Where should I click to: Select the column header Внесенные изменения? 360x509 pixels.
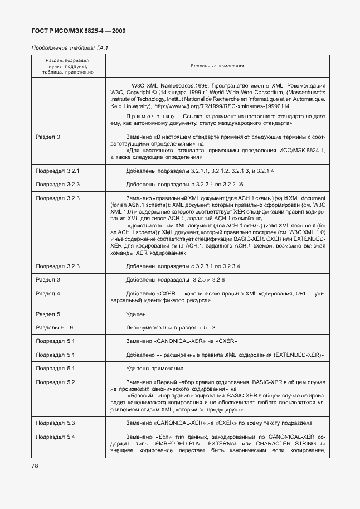pos(217,66)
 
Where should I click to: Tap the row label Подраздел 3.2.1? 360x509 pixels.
pos(58,169)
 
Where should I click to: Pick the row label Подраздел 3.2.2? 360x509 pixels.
pos(58,183)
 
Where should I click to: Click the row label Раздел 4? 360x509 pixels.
pos(48,293)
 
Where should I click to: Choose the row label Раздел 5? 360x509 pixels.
pos(48,314)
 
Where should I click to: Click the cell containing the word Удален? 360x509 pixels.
pos(137,314)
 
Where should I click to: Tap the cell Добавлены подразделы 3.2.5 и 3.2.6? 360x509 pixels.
pos(176,279)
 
